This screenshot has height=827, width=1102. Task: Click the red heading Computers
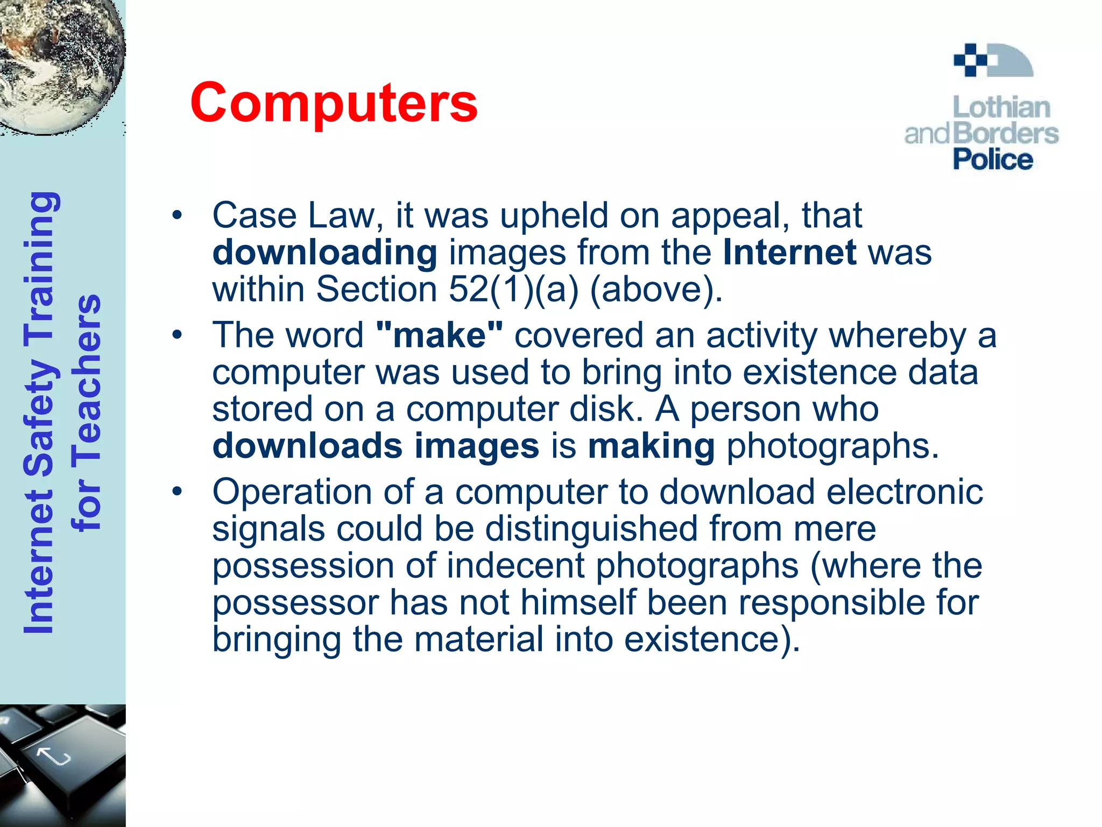tap(334, 103)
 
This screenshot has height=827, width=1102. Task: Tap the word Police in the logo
tap(993, 160)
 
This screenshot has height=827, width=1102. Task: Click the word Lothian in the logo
tap(1001, 108)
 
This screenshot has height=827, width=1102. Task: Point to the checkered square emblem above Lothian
tap(971, 60)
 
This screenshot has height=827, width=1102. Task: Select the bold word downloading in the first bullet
tap(324, 253)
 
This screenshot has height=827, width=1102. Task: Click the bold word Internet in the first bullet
tap(789, 252)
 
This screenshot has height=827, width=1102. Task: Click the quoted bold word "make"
tap(440, 335)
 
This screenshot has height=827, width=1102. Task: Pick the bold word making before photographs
tap(651, 446)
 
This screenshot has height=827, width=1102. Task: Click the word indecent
tap(515, 565)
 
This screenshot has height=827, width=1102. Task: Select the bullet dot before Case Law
tap(177, 216)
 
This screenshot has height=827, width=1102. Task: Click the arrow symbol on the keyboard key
tap(54, 756)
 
